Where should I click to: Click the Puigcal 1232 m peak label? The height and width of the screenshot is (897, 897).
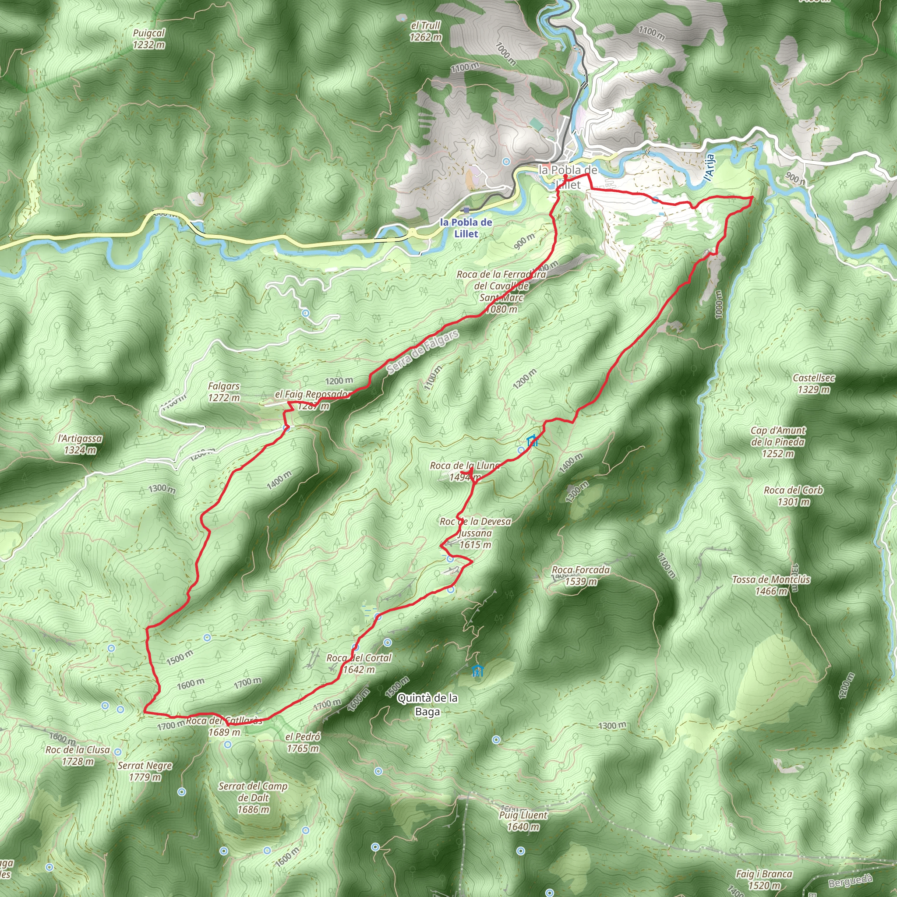pyautogui.click(x=148, y=39)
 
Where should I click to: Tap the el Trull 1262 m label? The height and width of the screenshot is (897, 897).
pyautogui.click(x=425, y=31)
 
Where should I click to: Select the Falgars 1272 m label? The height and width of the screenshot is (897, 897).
pyautogui.click(x=224, y=392)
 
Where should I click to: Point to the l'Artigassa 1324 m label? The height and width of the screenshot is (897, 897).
pyautogui.click(x=80, y=444)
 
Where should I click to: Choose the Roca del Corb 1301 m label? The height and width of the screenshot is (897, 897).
pyautogui.click(x=794, y=496)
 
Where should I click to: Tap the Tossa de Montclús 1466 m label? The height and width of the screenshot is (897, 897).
pyautogui.click(x=771, y=585)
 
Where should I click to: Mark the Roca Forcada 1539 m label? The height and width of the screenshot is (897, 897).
pyautogui.click(x=581, y=575)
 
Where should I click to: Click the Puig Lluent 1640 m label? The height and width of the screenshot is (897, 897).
pyautogui.click(x=523, y=820)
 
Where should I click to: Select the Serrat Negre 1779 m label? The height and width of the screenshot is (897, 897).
pyautogui.click(x=145, y=771)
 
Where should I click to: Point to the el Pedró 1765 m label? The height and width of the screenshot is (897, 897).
pyautogui.click(x=303, y=742)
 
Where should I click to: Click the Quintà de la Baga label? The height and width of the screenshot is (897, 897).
pyautogui.click(x=427, y=704)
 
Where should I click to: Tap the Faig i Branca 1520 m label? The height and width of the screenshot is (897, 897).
pyautogui.click(x=764, y=879)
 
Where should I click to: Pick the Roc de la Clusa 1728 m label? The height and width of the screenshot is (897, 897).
pyautogui.click(x=78, y=756)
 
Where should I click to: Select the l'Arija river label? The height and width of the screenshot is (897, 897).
pyautogui.click(x=709, y=168)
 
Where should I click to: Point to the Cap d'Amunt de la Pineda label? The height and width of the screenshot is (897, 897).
pyautogui.click(x=778, y=442)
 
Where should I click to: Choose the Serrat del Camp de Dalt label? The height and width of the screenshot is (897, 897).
pyautogui.click(x=253, y=798)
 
